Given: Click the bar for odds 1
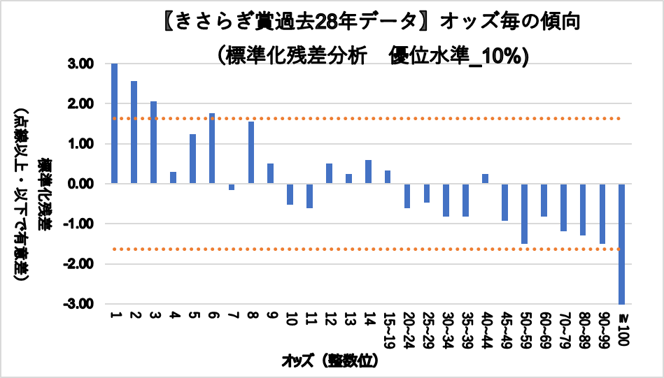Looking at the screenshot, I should [x=114, y=124].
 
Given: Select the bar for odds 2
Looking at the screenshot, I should [x=134, y=133].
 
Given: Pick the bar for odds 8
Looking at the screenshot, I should [x=250, y=152].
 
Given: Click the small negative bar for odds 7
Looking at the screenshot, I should [x=231, y=187].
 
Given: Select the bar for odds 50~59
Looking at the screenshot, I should [x=523, y=213].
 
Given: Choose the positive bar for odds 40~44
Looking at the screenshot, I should [x=484, y=179].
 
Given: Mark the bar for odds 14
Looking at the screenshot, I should [x=367, y=172].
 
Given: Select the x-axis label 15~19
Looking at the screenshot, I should [x=387, y=328].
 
